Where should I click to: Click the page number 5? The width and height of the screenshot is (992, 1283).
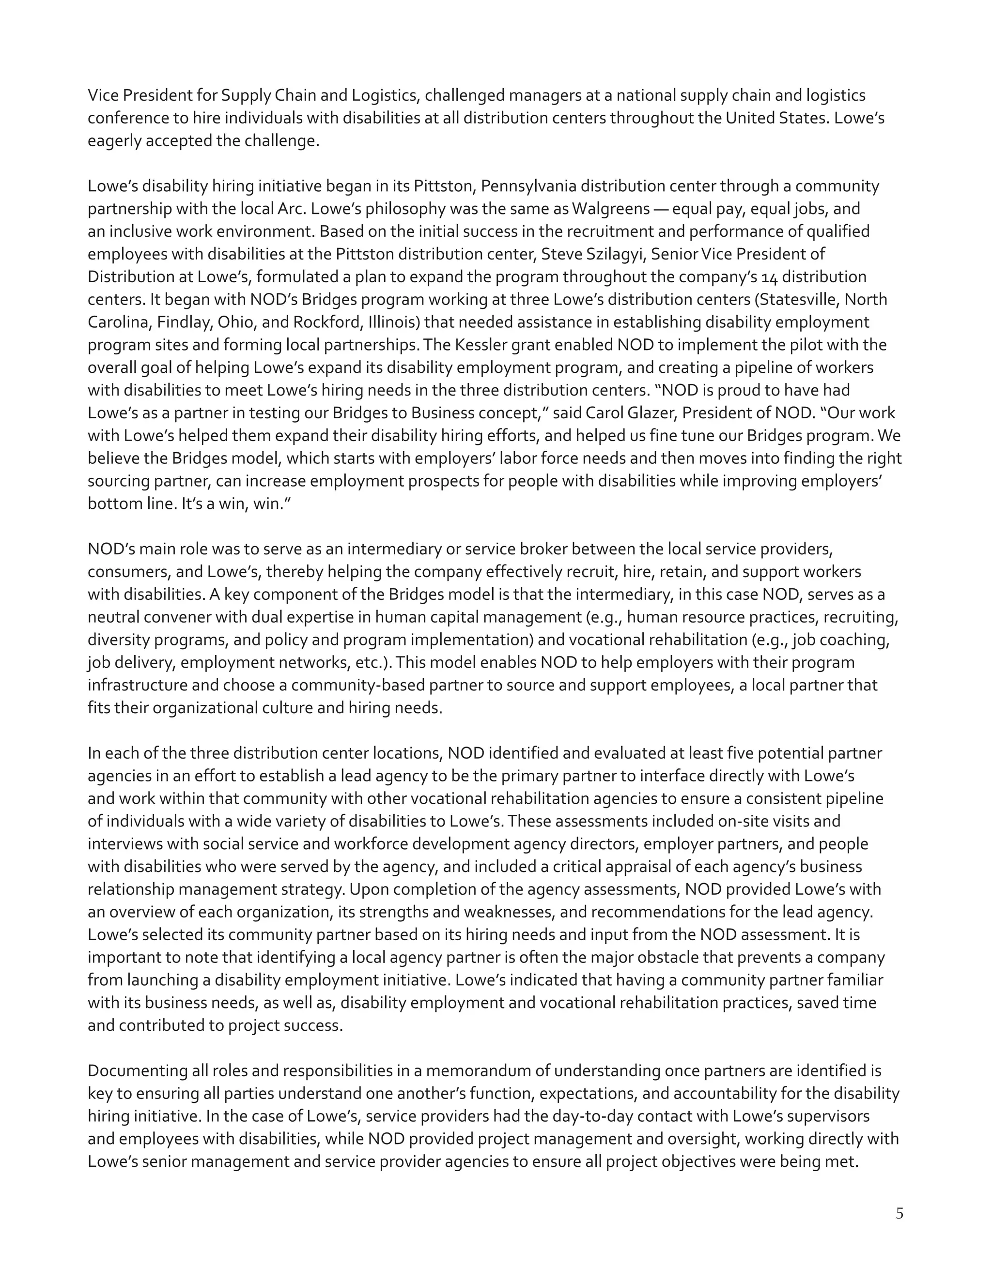click(899, 1214)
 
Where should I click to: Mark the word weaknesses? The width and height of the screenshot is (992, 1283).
click(510, 912)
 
